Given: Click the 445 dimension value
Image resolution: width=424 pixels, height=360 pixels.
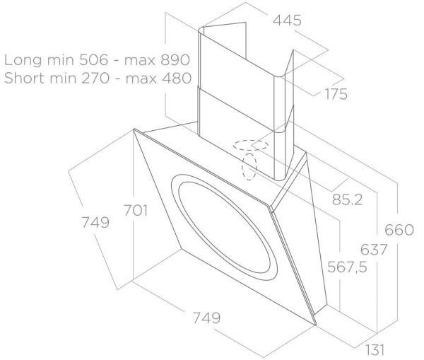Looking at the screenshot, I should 288,21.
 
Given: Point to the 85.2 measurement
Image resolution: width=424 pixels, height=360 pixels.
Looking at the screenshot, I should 348,200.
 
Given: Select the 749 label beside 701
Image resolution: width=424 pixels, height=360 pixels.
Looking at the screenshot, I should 94,223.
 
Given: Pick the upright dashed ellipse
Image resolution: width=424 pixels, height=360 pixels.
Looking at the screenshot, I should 249,167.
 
